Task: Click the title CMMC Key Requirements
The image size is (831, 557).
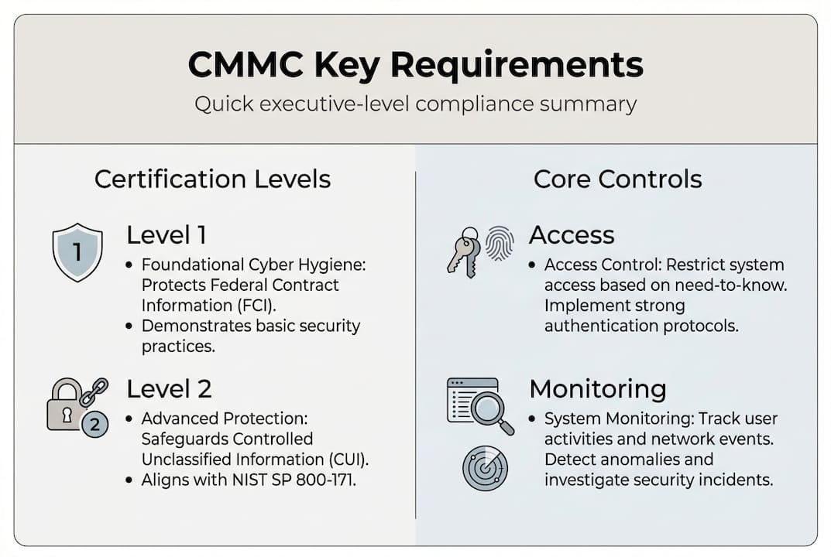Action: click(x=415, y=64)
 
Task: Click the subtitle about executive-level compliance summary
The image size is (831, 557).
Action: click(x=415, y=104)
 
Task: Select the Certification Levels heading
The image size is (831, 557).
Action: click(x=212, y=179)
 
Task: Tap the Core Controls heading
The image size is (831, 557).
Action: click(x=617, y=179)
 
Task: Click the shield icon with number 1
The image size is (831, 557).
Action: click(x=77, y=252)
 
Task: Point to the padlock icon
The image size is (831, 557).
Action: click(x=64, y=405)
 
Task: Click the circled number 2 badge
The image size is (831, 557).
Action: click(x=94, y=424)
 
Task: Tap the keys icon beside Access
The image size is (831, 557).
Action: click(x=465, y=252)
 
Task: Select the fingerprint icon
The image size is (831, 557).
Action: click(x=500, y=243)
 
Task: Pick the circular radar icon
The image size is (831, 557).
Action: click(x=485, y=468)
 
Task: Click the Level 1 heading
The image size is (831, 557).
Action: click(x=167, y=235)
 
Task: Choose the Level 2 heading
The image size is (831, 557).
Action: click(x=169, y=389)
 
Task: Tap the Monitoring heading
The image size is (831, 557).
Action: click(x=598, y=389)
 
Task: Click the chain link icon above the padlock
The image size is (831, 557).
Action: click(x=94, y=391)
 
